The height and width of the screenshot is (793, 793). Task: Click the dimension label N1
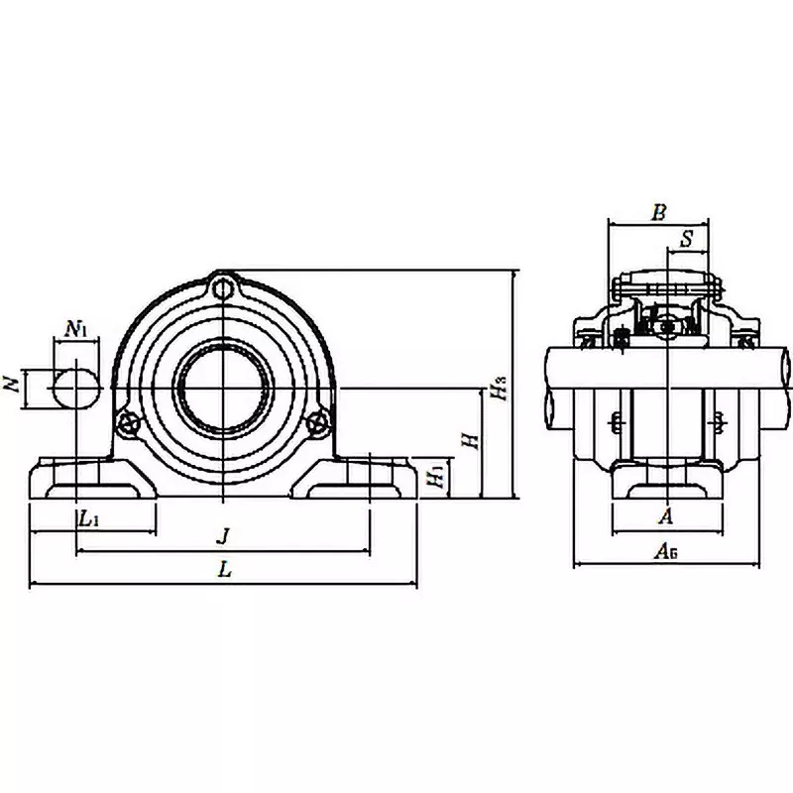[x=76, y=328]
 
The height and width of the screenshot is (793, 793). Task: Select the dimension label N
[x=14, y=385]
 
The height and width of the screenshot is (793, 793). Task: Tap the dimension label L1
[x=88, y=517]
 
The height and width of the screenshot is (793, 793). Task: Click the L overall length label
[x=225, y=570]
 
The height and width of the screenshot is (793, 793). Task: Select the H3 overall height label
[x=503, y=387]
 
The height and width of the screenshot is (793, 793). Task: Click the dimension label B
[x=658, y=211]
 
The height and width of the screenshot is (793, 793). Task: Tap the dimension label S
[x=687, y=238]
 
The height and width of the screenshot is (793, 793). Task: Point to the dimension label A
[x=666, y=516]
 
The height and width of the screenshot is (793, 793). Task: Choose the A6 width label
[x=666, y=553]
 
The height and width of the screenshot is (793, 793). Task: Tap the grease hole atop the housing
[x=225, y=289]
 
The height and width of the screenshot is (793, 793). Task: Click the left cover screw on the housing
[x=126, y=422]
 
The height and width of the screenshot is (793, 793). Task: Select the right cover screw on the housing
[x=318, y=422]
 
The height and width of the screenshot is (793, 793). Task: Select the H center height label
[x=475, y=438]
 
